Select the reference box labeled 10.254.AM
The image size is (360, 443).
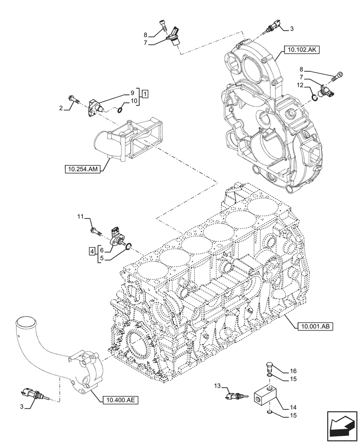pyautogui.click(x=82, y=169)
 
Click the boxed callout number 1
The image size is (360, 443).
pyautogui.click(x=145, y=93)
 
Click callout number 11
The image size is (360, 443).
pyautogui.click(x=80, y=216)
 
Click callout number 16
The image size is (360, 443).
pyautogui.click(x=293, y=371)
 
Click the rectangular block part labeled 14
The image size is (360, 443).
pyautogui.click(x=266, y=394)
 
